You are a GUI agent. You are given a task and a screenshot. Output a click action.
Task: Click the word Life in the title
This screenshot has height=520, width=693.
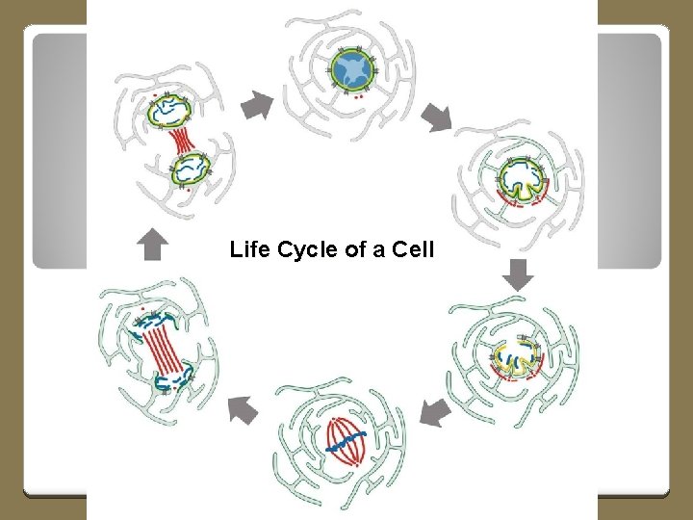(x=248, y=250)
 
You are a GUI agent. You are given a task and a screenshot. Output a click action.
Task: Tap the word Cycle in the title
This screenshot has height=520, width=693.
(x=303, y=250)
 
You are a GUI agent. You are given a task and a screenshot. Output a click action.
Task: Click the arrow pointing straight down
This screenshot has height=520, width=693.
(x=519, y=274)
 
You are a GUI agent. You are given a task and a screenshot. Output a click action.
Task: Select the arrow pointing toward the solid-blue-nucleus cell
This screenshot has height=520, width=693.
(x=257, y=105)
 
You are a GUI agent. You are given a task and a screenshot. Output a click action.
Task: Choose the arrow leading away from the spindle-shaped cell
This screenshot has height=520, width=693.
(x=243, y=410)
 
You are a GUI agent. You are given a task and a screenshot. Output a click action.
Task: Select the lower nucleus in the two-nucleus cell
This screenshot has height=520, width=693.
(x=190, y=169)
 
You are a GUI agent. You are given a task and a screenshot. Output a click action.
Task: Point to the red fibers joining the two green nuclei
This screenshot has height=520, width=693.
(x=180, y=142)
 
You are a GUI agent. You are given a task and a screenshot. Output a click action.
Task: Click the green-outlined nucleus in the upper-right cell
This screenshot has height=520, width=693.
(x=521, y=178)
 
